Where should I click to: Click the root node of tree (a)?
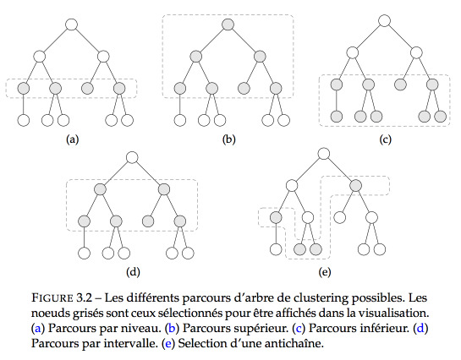click(x=71, y=25)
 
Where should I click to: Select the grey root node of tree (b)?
click(x=228, y=25)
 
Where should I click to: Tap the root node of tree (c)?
click(x=384, y=21)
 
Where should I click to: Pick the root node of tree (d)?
click(x=132, y=157)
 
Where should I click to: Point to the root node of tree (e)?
click(x=324, y=154)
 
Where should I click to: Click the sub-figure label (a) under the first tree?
click(x=73, y=139)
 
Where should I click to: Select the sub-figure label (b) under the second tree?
click(x=228, y=139)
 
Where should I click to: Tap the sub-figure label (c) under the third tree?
click(x=385, y=139)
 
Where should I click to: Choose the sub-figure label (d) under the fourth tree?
click(x=133, y=272)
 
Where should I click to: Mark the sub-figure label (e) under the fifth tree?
click(x=325, y=272)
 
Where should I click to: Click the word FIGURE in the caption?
click(x=52, y=297)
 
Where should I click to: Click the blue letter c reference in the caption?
click(x=299, y=328)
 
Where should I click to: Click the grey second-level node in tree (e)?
click(x=355, y=185)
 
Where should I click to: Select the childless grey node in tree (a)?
click(x=87, y=88)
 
